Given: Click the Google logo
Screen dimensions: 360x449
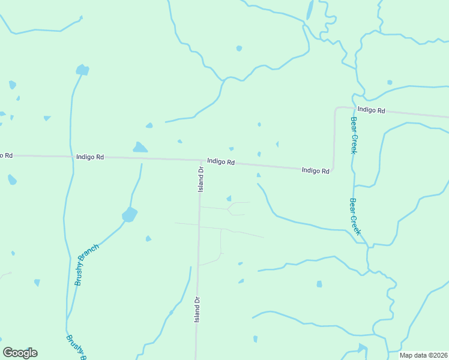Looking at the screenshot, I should tap(20, 353).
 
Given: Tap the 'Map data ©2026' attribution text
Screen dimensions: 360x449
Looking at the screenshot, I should tap(424, 355).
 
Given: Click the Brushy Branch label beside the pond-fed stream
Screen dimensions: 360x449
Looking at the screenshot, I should tap(87, 265).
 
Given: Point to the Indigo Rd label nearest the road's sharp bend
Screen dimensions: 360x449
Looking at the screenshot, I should tap(316, 170).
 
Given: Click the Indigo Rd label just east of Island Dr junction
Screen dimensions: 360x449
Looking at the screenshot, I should tap(221, 161).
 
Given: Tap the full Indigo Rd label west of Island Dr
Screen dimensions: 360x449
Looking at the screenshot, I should tap(90, 157).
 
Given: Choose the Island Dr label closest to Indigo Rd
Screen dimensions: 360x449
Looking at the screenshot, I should tap(202, 179).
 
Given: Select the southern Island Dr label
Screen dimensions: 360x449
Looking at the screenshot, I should tap(196, 310).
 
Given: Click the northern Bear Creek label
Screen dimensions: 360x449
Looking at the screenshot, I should tap(354, 136).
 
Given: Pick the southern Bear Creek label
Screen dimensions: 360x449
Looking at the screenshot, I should tap(355, 216).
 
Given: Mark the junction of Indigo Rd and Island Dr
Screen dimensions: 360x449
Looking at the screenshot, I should tap(200, 160).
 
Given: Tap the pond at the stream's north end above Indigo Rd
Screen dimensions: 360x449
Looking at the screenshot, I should tap(82, 70).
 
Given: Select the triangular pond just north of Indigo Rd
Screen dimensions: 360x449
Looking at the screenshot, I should tap(140, 147).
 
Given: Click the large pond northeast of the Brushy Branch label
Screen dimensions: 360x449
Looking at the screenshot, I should tap(129, 214).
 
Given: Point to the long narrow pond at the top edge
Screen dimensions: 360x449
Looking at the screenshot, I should tap(310, 10).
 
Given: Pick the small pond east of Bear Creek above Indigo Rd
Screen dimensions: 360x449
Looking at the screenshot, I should tap(390, 82).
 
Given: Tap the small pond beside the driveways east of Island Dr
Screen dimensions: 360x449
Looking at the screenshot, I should tap(229, 199).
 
